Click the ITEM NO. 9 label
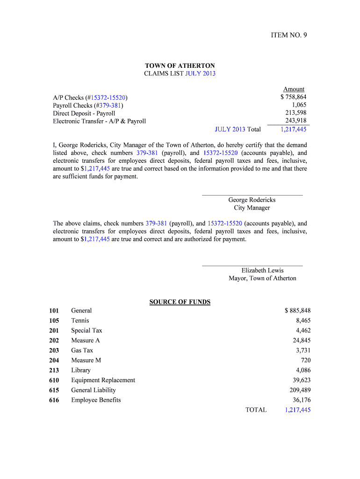289,35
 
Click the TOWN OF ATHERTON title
180,66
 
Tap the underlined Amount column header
294,89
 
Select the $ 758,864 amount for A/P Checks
294,97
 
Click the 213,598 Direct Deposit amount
296,113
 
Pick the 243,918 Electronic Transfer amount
296,121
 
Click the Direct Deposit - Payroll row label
84,113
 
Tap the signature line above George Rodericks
252,194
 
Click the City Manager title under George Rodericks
252,208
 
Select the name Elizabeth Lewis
262,270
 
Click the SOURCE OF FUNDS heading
180,302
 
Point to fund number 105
54,320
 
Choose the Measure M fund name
86,360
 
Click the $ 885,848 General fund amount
297,311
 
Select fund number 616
54,400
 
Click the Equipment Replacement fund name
103,380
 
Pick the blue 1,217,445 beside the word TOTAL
297,410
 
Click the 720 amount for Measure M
306,360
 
